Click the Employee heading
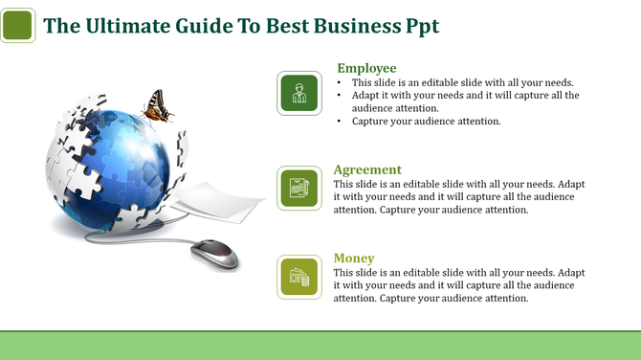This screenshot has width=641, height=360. point(366,68)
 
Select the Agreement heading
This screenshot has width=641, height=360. point(367,169)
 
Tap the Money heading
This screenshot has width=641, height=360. point(354,259)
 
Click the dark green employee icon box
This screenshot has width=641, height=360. point(299,93)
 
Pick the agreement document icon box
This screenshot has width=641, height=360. point(299,188)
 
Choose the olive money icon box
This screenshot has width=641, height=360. point(299,278)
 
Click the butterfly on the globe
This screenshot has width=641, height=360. point(158,106)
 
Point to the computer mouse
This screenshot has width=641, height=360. point(213,254)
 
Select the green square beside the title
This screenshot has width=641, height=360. point(18,26)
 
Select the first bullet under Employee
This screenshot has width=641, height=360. point(462,82)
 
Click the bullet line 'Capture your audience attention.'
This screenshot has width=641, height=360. point(427,122)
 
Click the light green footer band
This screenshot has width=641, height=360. point(320,345)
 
